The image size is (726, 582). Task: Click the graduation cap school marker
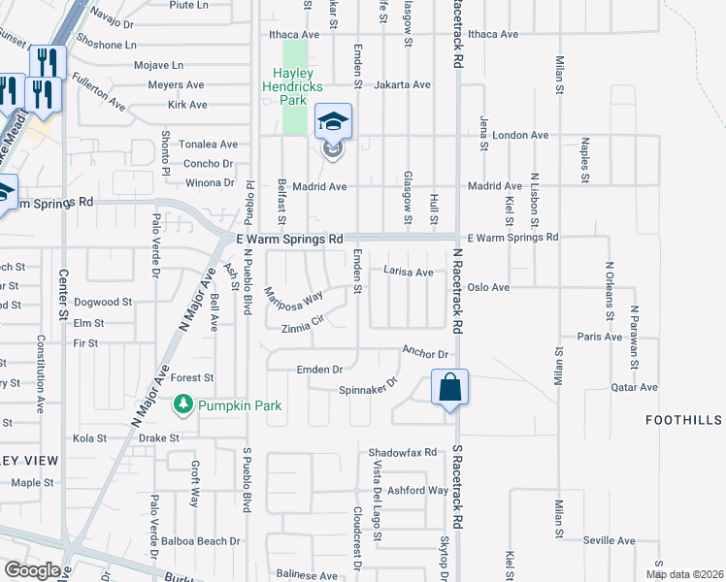[x=333, y=123]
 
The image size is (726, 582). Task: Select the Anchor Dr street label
[x=427, y=354]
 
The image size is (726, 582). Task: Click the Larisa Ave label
[x=408, y=273]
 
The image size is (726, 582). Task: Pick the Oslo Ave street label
[x=488, y=287]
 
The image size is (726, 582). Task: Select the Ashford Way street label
[x=417, y=491]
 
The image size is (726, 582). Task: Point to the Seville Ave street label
[x=610, y=540]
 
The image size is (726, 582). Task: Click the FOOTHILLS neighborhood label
[x=684, y=420]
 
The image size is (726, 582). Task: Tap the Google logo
[x=32, y=570]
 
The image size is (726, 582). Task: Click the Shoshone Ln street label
[x=108, y=45]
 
